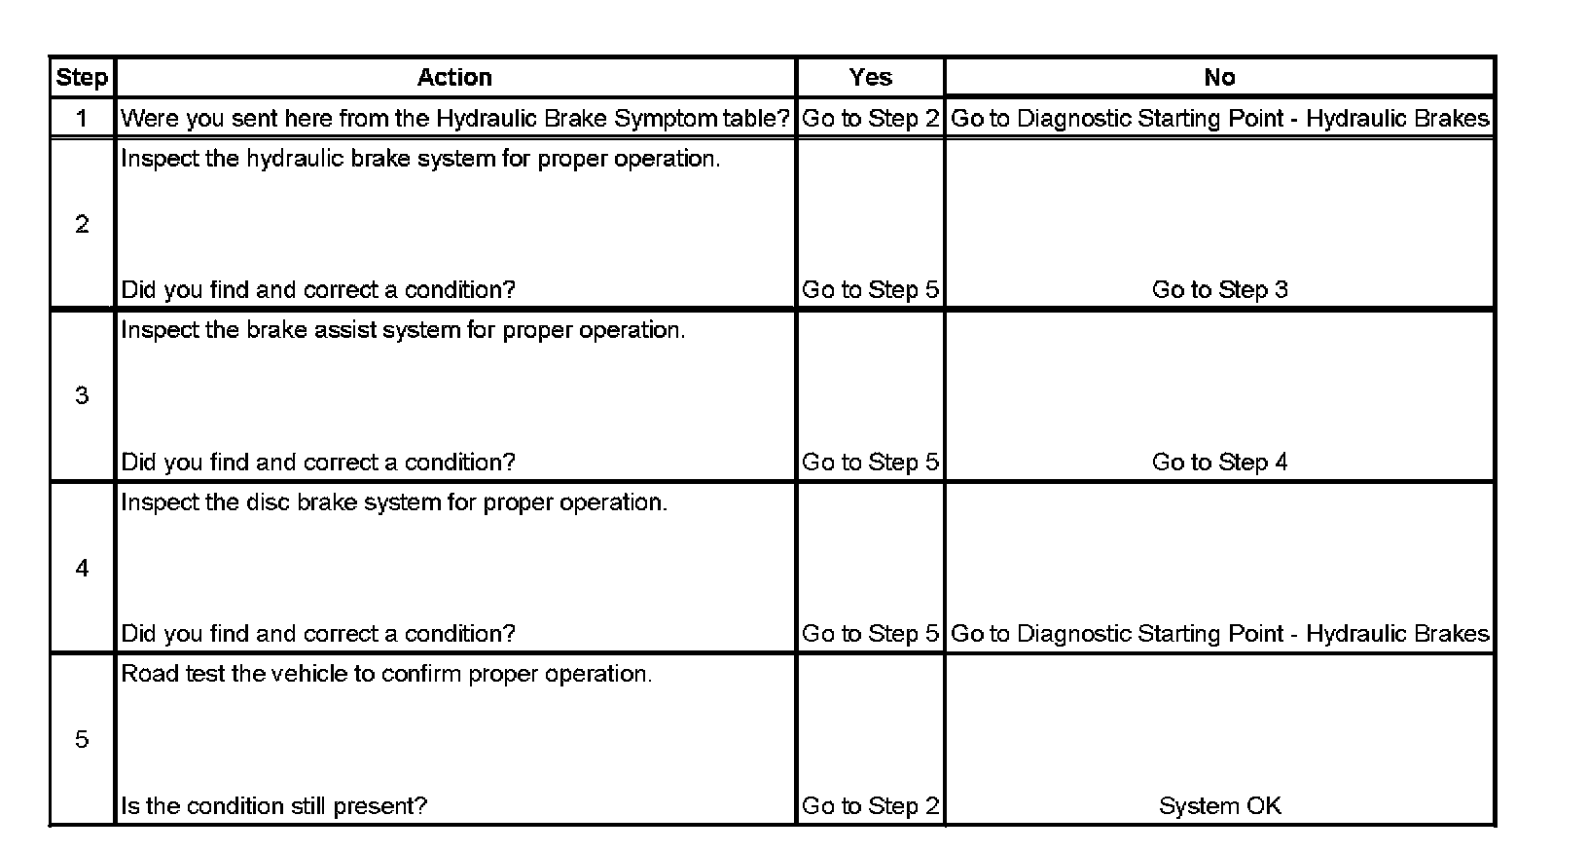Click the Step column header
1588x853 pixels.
82,78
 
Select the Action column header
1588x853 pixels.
454,78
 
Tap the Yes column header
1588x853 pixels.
870,78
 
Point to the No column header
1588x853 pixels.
1219,78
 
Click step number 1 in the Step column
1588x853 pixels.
82,119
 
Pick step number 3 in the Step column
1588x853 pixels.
82,395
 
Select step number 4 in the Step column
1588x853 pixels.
82,568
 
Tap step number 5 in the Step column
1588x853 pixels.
82,740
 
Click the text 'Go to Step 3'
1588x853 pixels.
1219,290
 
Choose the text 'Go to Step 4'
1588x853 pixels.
1219,463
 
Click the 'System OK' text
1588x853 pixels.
1219,806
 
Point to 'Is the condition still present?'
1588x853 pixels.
273,806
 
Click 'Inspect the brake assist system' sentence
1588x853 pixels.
403,330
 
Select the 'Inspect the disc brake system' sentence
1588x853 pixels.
394,502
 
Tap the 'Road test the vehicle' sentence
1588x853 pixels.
386,674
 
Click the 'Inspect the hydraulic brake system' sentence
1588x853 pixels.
420,159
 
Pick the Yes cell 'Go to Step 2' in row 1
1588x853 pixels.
870,119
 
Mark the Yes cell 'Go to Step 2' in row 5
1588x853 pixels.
870,806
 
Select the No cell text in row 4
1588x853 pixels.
1219,634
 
